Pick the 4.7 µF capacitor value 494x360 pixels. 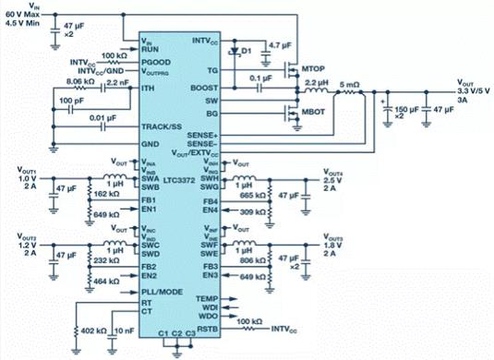pos(280,43)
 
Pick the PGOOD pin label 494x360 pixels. pos(155,58)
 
